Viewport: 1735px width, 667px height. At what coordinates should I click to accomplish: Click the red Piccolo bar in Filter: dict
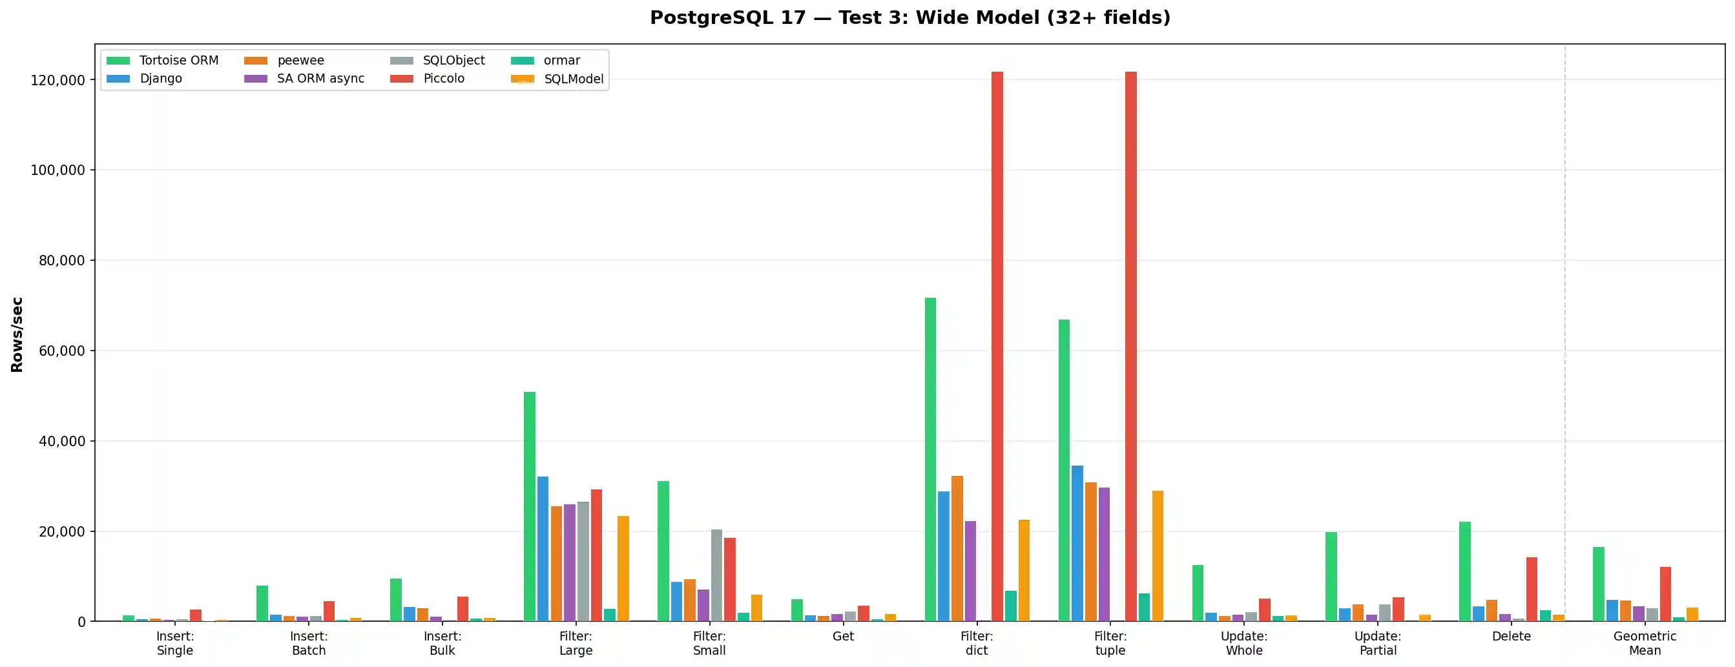(x=997, y=347)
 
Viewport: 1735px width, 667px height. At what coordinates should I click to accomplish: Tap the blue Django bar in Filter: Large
(x=543, y=549)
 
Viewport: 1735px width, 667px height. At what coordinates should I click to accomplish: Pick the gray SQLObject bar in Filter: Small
(x=716, y=575)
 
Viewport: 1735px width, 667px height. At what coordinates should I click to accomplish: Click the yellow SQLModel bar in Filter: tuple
(x=1158, y=556)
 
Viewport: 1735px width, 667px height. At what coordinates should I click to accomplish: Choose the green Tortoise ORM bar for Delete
(x=1465, y=571)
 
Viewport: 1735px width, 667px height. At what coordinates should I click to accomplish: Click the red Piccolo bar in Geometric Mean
(x=1666, y=593)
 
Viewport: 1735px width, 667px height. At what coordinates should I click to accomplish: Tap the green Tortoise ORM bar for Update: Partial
(x=1331, y=576)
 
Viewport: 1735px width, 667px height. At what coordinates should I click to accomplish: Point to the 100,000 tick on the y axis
(x=58, y=170)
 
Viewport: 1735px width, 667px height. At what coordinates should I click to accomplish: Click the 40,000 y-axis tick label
(x=58, y=442)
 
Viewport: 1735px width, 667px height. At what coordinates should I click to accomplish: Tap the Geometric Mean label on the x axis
(x=1645, y=642)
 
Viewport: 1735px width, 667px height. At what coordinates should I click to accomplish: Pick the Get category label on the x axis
(x=842, y=636)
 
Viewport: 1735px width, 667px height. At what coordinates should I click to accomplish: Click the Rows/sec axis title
(x=17, y=334)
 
